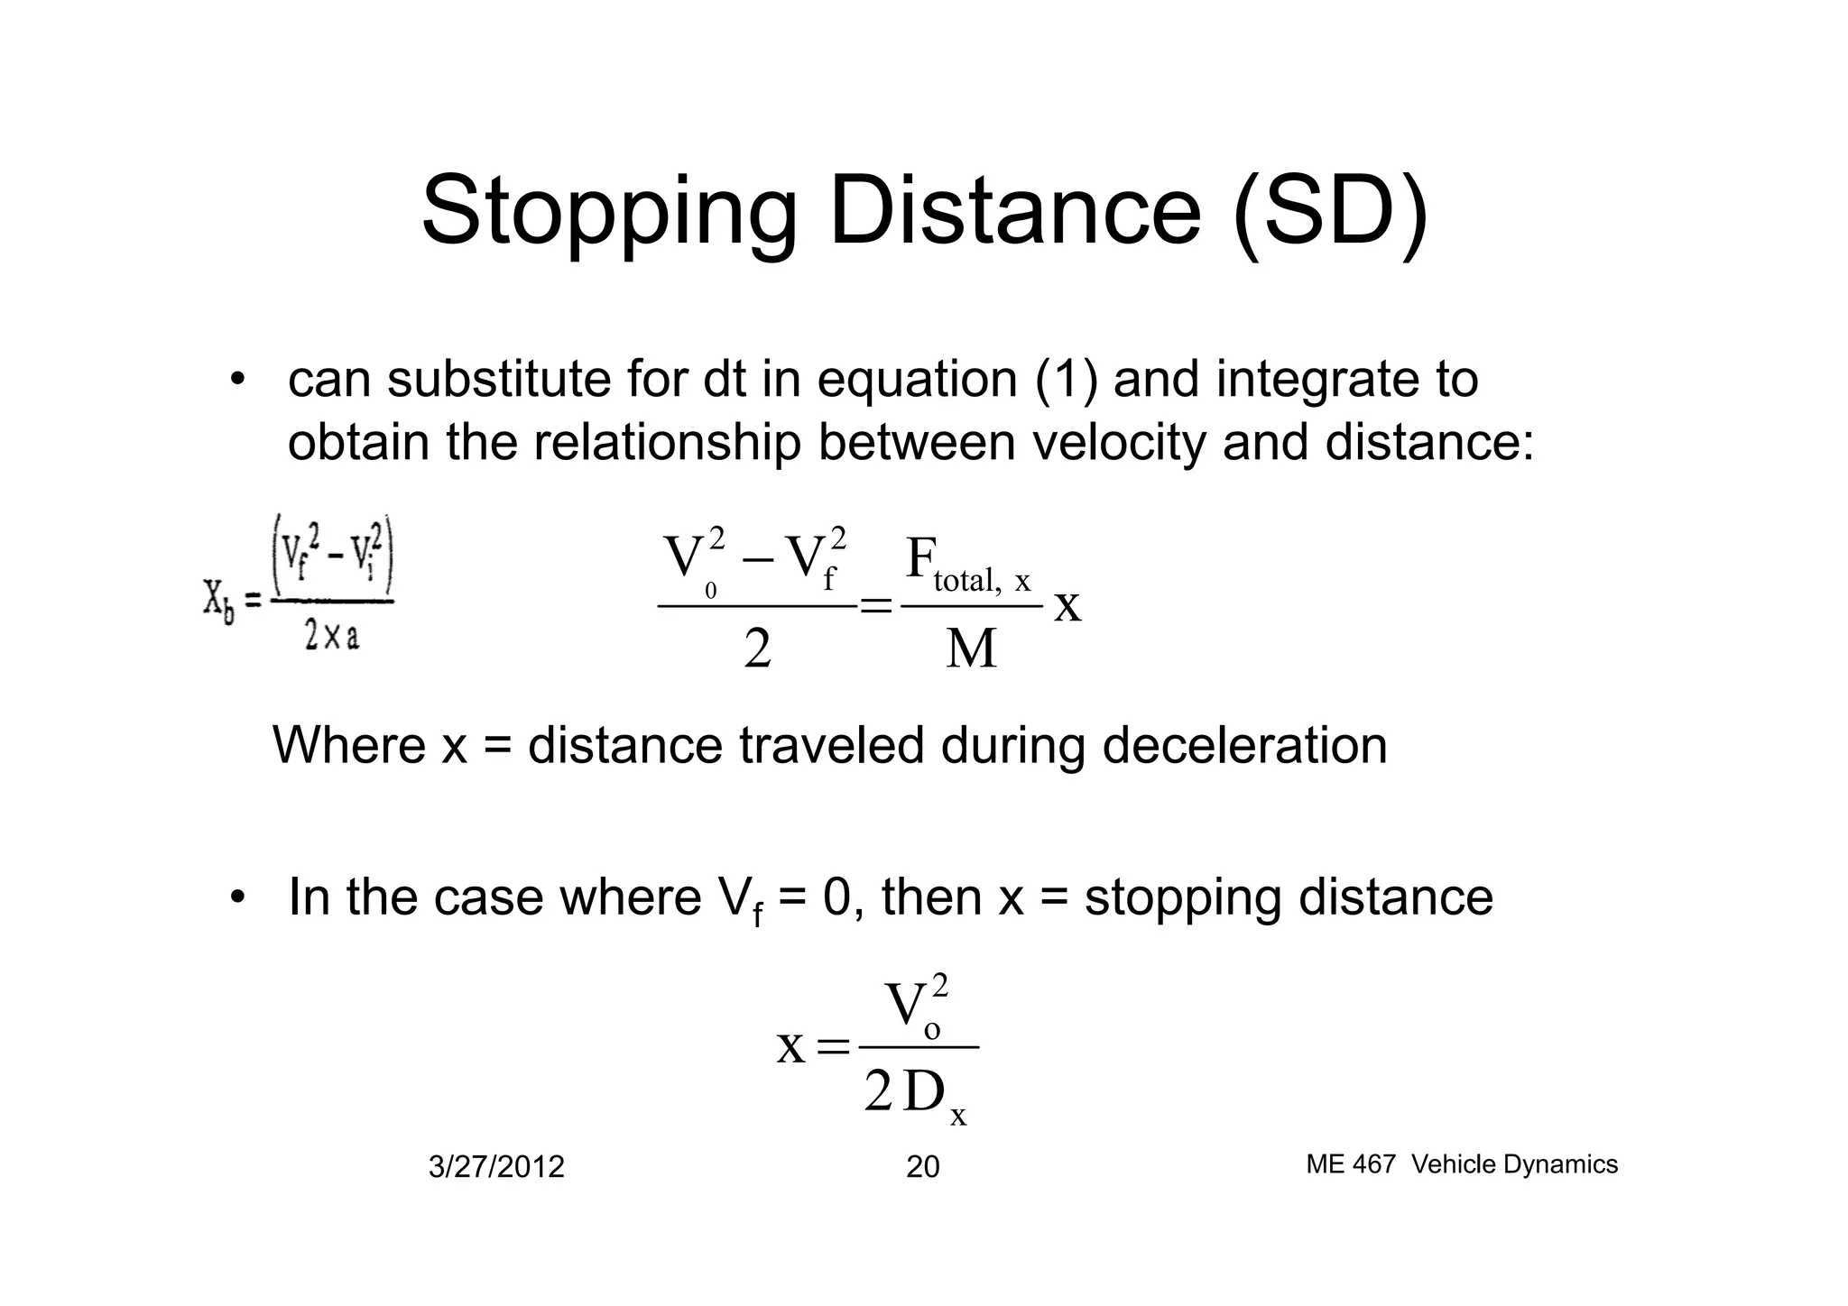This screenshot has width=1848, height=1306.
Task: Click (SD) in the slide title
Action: [x=1330, y=213]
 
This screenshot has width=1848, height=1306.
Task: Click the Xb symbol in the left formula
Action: [x=218, y=602]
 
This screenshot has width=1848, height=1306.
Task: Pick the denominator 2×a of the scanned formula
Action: [x=331, y=638]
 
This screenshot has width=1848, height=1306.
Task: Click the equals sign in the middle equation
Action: [x=875, y=605]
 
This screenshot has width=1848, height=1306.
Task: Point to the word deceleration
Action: [x=1244, y=746]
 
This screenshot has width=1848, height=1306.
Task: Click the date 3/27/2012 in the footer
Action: [x=496, y=1167]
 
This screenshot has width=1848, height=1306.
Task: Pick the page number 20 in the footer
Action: [x=922, y=1167]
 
